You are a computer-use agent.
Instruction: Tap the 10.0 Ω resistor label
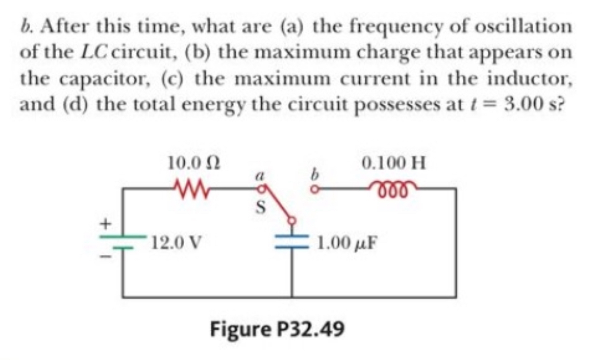194,163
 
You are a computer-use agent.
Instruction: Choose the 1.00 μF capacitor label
347,243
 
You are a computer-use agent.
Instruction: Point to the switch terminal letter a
259,176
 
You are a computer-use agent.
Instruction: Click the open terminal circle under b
315,189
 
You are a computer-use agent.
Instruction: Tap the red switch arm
278,204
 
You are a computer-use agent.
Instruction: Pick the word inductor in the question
529,79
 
